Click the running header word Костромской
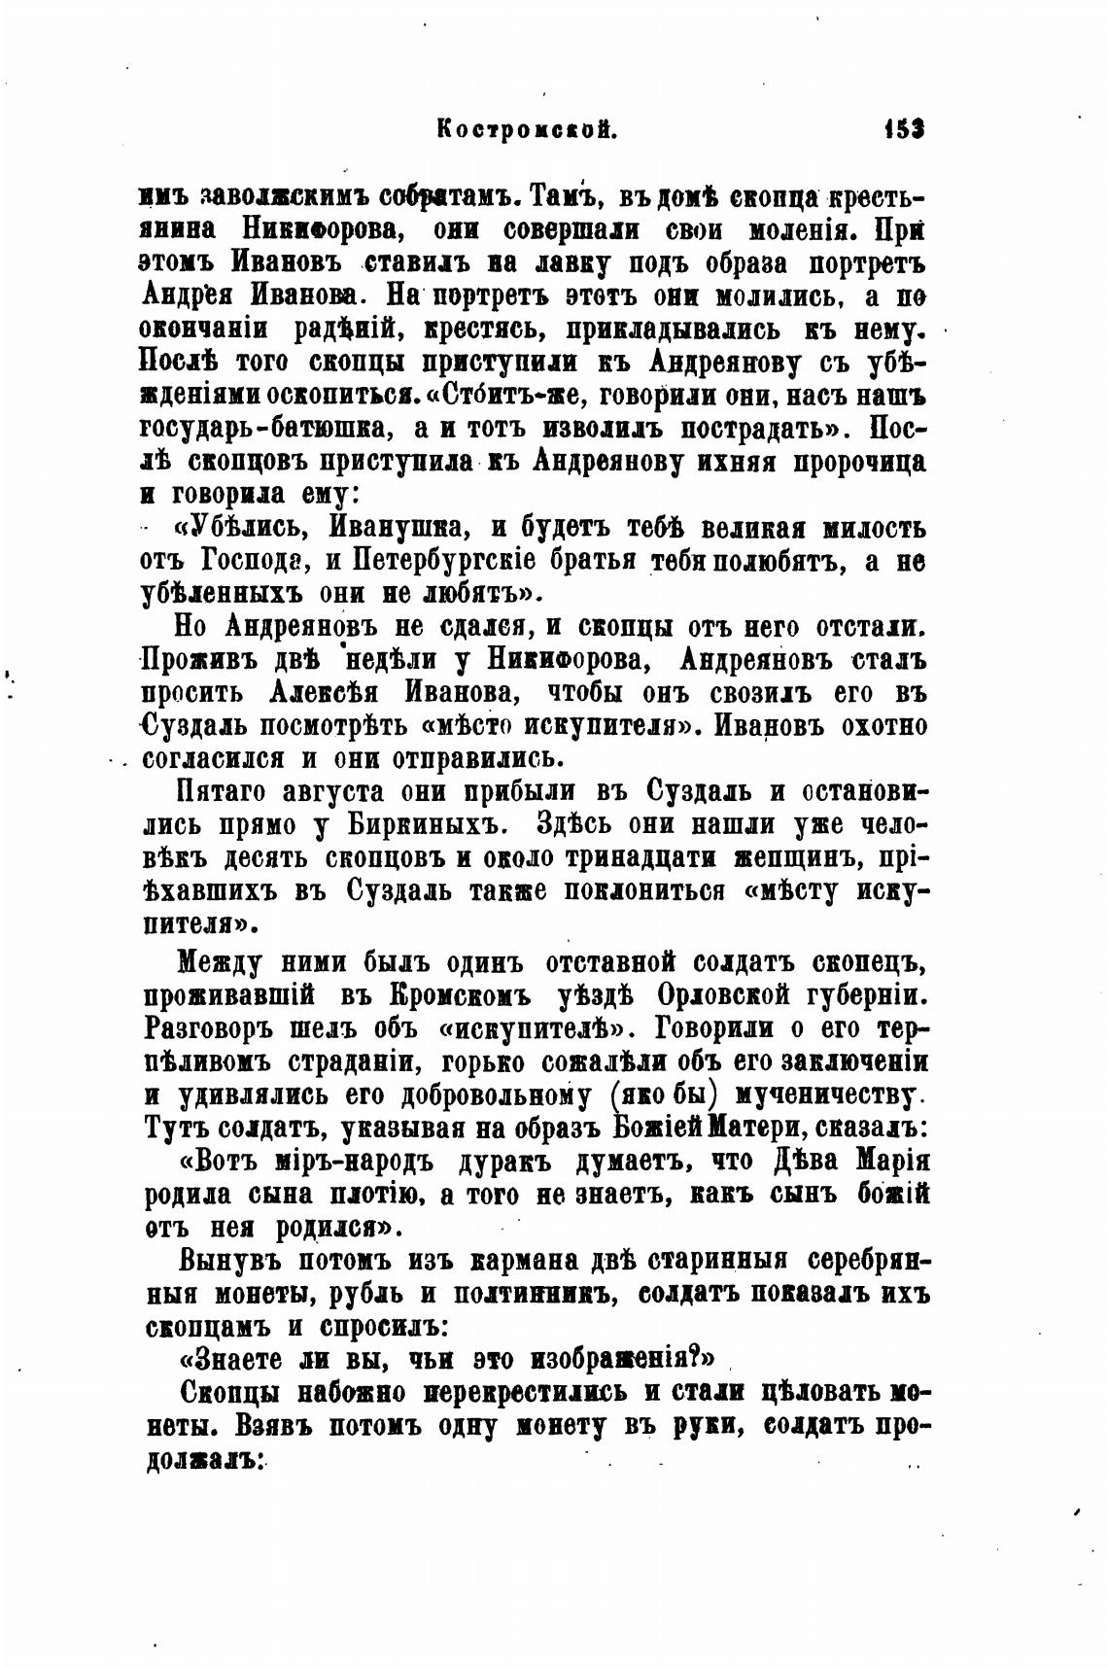point(528,128)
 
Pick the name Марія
point(893,1162)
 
